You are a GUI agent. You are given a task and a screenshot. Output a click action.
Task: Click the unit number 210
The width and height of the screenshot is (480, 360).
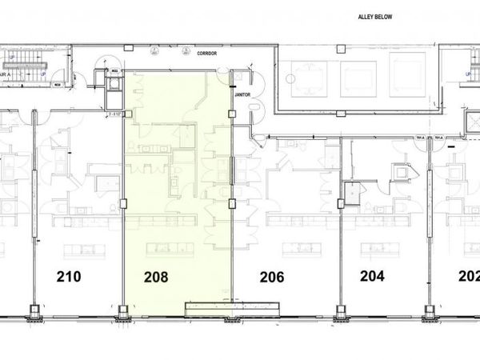click(x=69, y=278)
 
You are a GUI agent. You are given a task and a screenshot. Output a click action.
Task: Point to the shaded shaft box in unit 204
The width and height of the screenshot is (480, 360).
click(x=350, y=191)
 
